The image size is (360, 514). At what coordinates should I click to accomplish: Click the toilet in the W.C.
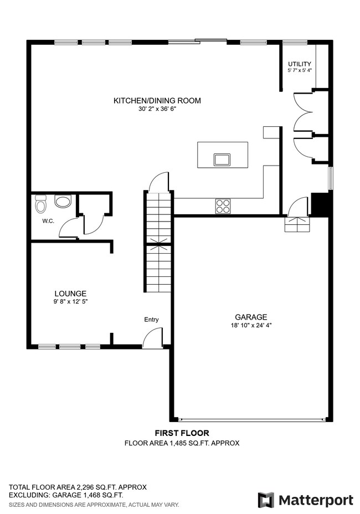pos(40,205)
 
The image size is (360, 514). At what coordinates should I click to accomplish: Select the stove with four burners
pos(223,206)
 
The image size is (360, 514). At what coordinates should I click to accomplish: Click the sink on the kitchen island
pos(223,160)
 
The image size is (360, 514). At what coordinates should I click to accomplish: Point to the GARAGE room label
pos(251,317)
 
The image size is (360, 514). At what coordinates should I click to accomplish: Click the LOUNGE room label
pos(70,294)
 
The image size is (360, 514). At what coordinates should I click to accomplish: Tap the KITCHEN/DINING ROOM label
pos(157,101)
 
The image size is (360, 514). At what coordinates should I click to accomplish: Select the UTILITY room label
pos(299,64)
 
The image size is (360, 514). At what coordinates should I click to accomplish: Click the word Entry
pos(151,320)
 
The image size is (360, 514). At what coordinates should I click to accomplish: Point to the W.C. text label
pos(48,221)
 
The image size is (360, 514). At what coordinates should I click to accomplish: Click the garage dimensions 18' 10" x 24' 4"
pos(251,326)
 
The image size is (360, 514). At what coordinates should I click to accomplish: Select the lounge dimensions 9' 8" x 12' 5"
pos(70,302)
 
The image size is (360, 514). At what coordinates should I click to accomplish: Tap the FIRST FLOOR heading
pos(182,433)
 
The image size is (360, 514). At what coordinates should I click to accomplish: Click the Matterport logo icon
pos(266,500)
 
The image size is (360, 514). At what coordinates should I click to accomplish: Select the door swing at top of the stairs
pos(160,181)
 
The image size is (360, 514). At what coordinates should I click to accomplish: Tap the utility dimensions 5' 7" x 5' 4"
pos(300,71)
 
